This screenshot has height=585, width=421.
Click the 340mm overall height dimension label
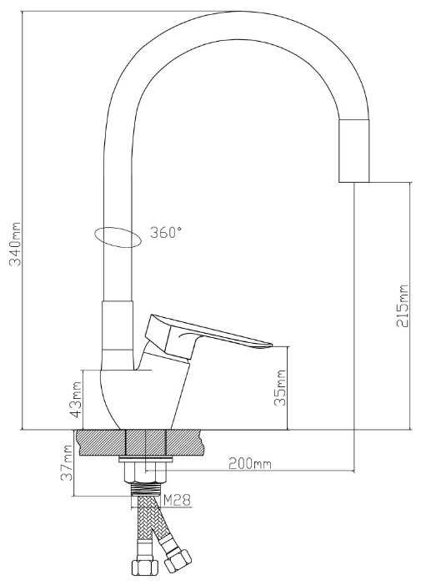click(x=16, y=244)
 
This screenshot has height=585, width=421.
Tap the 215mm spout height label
click(x=403, y=306)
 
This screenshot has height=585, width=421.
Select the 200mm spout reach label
click(x=250, y=464)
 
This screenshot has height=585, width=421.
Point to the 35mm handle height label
click(x=280, y=388)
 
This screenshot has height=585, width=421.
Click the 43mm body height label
click(x=76, y=400)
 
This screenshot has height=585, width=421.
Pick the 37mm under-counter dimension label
click(x=67, y=462)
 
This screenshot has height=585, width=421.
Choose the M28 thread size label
click(x=178, y=500)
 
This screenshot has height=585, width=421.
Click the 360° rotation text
click(x=166, y=233)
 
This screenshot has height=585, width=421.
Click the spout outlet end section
click(x=354, y=151)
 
